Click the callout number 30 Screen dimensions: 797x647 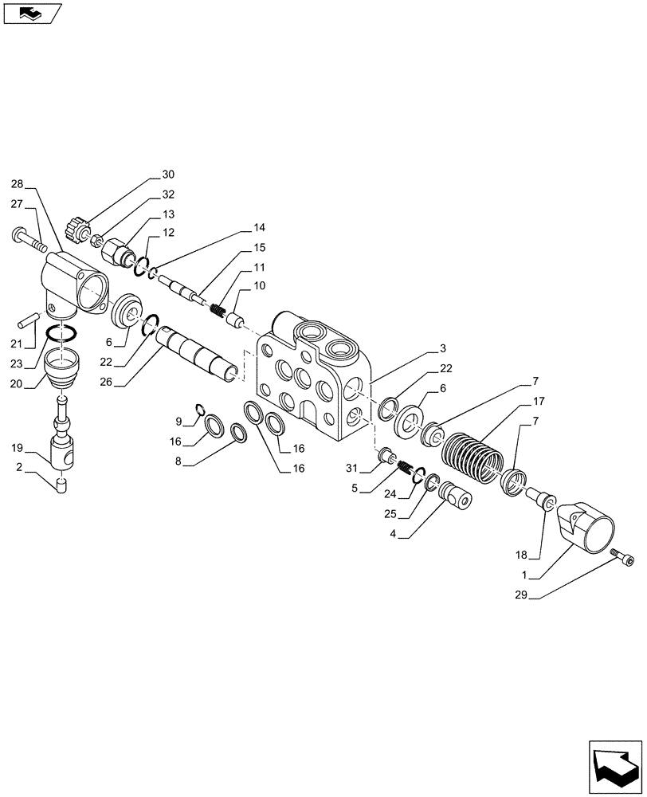click(167, 175)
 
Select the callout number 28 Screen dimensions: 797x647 click(18, 183)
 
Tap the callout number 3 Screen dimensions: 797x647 click(441, 348)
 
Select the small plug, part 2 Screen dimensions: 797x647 click(61, 485)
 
